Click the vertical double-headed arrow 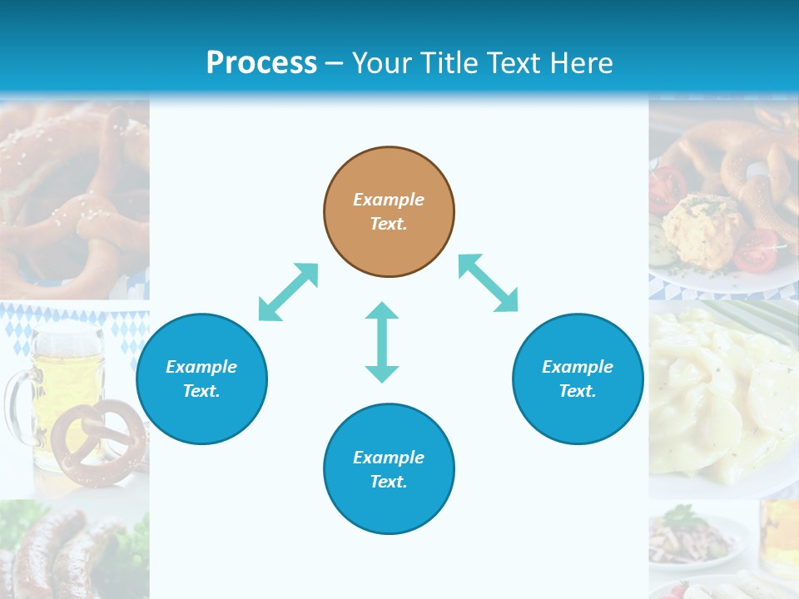click(382, 342)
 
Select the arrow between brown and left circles click(288, 292)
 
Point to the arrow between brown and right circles click(488, 283)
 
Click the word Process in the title click(261, 62)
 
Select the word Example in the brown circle click(389, 200)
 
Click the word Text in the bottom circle click(387, 482)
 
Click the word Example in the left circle click(201, 367)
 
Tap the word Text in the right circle click(576, 391)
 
